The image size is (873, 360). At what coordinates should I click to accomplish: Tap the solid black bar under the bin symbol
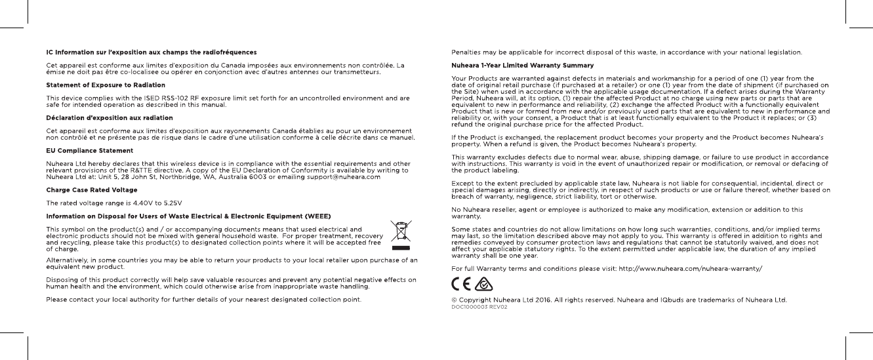[400, 249]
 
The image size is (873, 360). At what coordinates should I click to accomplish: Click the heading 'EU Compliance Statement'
[89, 151]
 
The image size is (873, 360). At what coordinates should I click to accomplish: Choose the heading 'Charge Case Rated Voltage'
[92, 190]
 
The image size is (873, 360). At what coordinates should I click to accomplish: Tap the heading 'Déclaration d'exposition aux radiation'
[109, 118]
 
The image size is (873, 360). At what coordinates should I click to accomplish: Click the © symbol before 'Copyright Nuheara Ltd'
[454, 300]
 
